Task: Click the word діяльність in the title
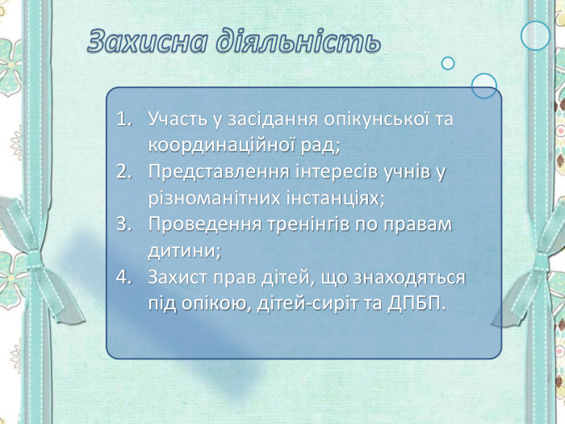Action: [298, 41]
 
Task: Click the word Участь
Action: [173, 120]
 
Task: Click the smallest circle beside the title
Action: [448, 63]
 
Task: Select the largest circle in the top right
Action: [535, 36]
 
